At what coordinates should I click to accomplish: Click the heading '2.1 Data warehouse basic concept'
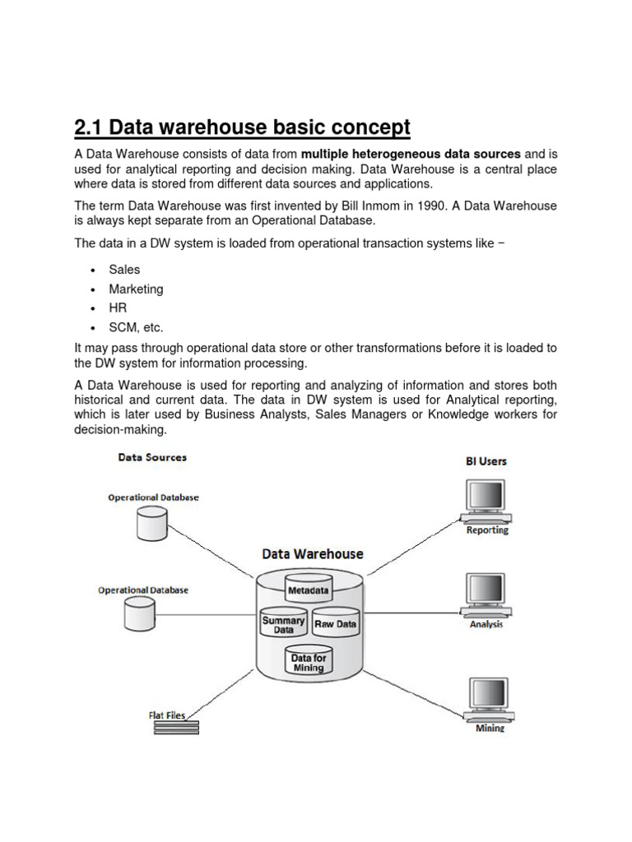coord(241,128)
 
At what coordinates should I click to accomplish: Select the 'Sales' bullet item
coord(124,270)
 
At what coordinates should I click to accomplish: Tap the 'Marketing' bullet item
coord(136,289)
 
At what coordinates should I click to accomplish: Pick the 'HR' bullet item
coord(117,308)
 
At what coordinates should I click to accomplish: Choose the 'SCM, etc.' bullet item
coord(136,327)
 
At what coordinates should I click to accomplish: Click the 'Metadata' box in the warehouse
coord(308,590)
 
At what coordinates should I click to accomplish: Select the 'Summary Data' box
coord(283,625)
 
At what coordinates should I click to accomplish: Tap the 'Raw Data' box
coord(336,624)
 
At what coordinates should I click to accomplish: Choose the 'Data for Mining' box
coord(309,663)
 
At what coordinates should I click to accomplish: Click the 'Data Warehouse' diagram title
coord(312,554)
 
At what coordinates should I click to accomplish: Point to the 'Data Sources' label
coord(152,457)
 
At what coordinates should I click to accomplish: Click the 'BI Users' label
coord(486,461)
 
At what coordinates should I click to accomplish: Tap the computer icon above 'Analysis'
coord(486,594)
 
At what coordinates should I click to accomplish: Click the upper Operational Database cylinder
coord(151,522)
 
